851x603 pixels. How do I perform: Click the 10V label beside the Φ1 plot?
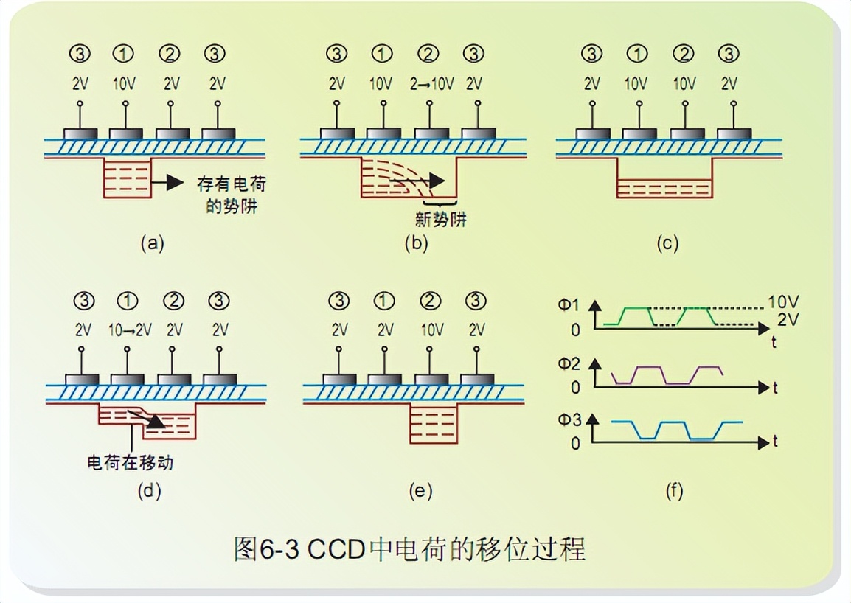pos(782,303)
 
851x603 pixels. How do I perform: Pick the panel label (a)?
pos(151,243)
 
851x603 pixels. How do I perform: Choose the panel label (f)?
pos(673,491)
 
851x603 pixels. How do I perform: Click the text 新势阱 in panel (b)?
pos(441,220)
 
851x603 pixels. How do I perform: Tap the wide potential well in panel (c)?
pos(664,187)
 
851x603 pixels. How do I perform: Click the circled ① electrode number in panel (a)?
pos(124,55)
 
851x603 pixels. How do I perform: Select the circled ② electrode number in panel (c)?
pos(684,55)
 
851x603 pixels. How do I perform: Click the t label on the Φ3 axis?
pos(776,442)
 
